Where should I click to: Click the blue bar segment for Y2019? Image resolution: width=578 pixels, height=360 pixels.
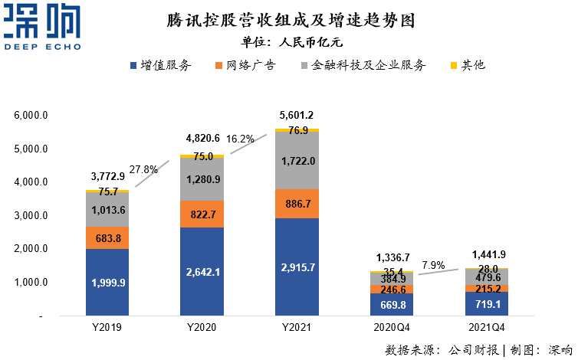107,282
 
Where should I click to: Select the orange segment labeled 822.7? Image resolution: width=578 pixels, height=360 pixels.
202,214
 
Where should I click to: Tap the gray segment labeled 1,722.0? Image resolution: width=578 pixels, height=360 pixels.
297,162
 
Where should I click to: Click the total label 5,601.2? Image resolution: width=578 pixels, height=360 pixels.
297,115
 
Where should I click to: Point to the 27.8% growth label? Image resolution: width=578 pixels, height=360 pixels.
143,169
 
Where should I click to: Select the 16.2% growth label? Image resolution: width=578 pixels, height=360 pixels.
240,139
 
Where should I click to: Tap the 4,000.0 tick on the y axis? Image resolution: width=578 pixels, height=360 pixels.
31,182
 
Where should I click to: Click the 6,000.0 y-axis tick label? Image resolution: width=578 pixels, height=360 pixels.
31,116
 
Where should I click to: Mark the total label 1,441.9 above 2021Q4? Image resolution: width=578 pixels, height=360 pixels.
487,254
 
